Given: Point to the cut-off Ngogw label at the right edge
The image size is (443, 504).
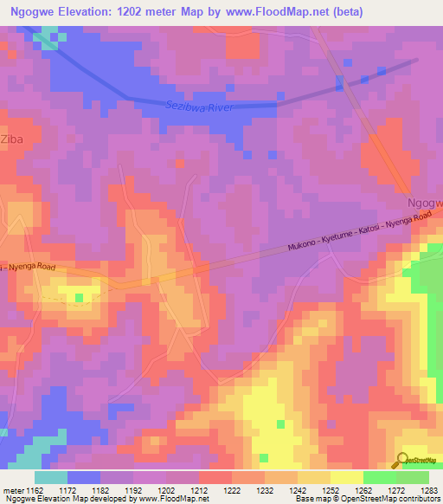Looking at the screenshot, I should pyautogui.click(x=425, y=203).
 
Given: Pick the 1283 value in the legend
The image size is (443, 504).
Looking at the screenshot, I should pyautogui.click(x=429, y=489).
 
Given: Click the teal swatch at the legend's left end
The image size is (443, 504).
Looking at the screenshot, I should pyautogui.click(x=50, y=477).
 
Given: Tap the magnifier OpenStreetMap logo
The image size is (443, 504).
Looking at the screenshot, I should pyautogui.click(x=401, y=460).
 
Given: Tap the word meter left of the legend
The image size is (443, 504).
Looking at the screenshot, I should pyautogui.click(x=12, y=489).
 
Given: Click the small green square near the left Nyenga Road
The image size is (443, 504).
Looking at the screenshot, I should pyautogui.click(x=80, y=298).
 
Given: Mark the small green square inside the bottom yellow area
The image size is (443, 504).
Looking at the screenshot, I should pyautogui.click(x=280, y=423).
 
